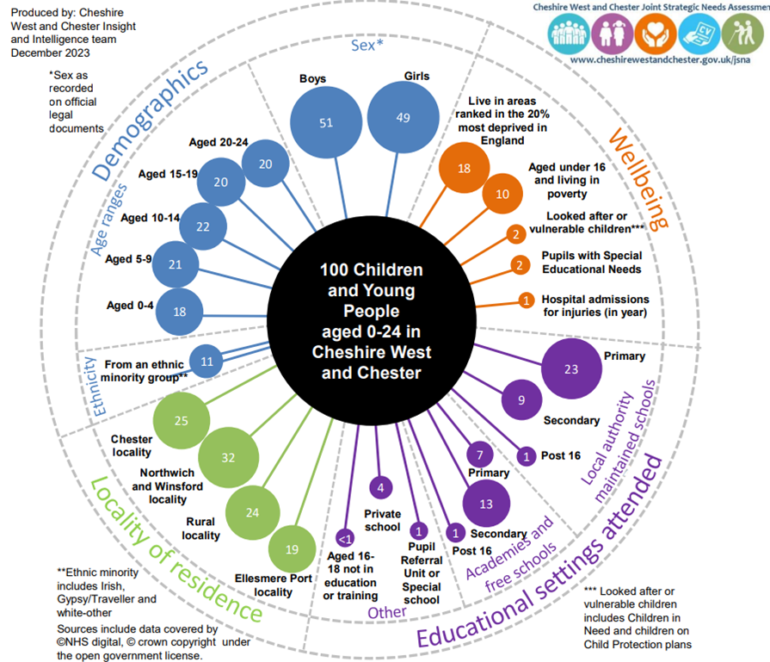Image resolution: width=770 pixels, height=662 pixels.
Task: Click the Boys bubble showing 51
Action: (x=325, y=122)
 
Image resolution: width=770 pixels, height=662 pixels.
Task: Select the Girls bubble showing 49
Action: (x=403, y=118)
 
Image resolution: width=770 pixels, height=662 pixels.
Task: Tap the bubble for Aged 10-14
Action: (x=203, y=226)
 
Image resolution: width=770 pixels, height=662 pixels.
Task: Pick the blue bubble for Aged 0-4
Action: (x=179, y=312)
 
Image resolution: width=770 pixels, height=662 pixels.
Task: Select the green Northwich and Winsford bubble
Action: (x=228, y=458)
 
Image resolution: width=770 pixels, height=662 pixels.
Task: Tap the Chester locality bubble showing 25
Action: (x=180, y=421)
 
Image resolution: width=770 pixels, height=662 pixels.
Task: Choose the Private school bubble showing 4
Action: (x=380, y=488)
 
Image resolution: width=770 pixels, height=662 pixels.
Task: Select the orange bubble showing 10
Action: (x=502, y=194)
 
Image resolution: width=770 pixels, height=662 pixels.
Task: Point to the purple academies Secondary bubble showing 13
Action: (x=486, y=503)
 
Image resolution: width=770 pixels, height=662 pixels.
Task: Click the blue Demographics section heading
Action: (x=151, y=120)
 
